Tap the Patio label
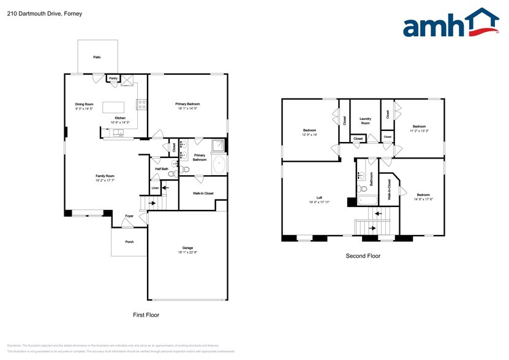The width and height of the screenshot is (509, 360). [x=97, y=57]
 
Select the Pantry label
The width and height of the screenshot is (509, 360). [x=113, y=78]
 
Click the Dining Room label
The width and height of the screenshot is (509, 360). [x=84, y=104]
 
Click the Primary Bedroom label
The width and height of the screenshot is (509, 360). [x=189, y=104]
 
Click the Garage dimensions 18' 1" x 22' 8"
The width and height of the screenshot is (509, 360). [x=187, y=252]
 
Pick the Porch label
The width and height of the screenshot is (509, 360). [x=129, y=242]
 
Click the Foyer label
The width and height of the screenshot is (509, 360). [x=129, y=216]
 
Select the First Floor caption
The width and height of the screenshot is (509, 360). [x=146, y=315]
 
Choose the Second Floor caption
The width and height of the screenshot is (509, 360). [x=363, y=256]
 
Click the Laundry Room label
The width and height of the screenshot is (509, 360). [x=365, y=121]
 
